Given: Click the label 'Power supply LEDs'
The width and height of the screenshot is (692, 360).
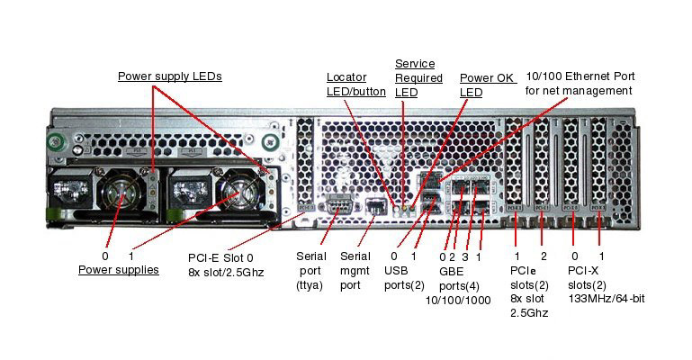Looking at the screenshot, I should coord(169,76).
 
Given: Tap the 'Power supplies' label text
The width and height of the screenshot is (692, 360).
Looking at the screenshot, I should coord(118,269).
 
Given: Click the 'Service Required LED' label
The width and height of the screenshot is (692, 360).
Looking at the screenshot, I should coord(418,77).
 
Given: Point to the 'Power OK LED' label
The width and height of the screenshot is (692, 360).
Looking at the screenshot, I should coord(485,85).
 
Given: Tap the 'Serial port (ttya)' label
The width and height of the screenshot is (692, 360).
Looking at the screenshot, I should coord(310,270).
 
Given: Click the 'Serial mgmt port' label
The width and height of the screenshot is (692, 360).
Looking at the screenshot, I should coord(355,270).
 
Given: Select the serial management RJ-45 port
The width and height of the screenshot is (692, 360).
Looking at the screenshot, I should coord(376,208).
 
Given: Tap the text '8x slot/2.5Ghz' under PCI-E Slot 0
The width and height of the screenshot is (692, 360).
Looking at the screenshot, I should coord(227,271).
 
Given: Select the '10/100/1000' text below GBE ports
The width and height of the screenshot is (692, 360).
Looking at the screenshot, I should coord(458,300).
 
